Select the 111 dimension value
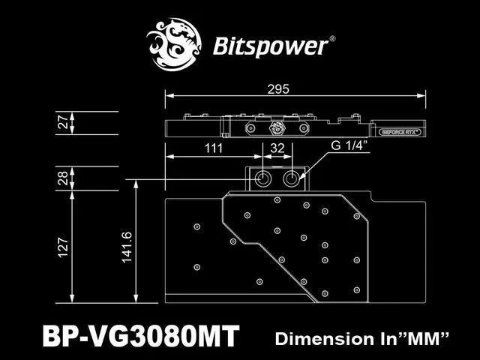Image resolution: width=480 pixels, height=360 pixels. [x=214, y=148]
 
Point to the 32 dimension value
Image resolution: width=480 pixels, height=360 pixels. [x=277, y=148]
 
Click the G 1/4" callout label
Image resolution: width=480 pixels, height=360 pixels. [x=349, y=146]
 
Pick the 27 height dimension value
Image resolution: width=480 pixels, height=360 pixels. [x=63, y=122]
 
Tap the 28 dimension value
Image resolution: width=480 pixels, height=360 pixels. [x=63, y=178]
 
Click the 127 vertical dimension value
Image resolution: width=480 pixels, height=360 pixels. [x=63, y=246]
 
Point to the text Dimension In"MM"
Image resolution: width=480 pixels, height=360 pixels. [x=362, y=337]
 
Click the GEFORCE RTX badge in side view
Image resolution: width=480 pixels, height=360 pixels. [x=401, y=129]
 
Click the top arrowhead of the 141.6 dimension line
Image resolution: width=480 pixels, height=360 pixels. [x=135, y=182]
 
